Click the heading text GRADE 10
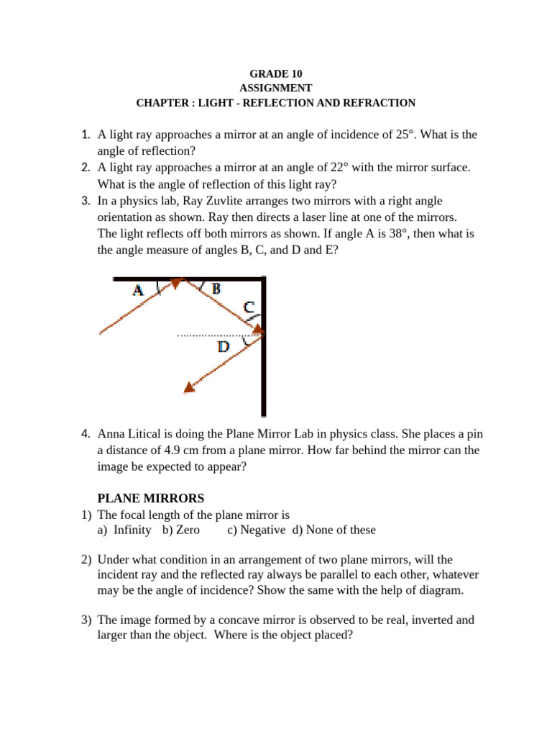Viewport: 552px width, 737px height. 275,74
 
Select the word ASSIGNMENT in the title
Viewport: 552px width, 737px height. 275,89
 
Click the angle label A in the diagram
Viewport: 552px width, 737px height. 139,290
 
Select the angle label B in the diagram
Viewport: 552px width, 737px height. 216,288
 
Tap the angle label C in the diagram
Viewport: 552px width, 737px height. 248,307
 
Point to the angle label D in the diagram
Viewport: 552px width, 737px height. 224,348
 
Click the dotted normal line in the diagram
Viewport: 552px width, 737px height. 216,335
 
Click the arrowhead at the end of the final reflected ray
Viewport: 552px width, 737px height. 189,388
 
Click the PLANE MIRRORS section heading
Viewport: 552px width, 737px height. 151,498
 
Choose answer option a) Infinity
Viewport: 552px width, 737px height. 124,530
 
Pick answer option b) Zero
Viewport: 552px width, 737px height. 181,530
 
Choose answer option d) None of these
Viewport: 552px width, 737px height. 333,530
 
